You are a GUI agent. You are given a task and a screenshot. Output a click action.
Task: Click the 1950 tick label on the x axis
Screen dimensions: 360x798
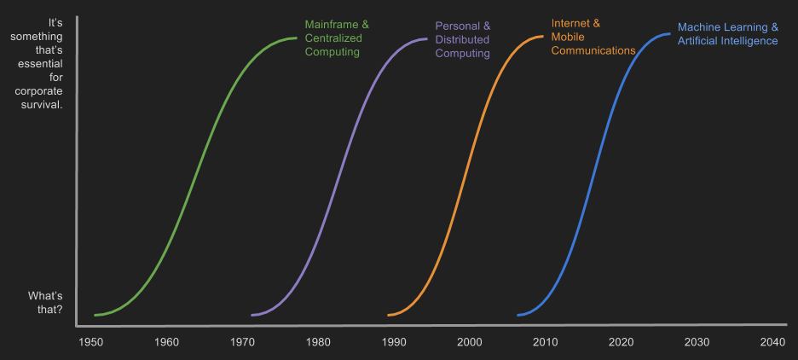pyautogui.click(x=90, y=342)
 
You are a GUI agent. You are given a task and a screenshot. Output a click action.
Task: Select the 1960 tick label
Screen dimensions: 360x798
pyautogui.click(x=166, y=342)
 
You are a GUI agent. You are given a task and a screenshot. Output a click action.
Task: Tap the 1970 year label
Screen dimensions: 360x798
pyautogui.click(x=242, y=342)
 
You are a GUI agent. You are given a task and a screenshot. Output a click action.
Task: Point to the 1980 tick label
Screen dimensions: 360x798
pyautogui.click(x=318, y=342)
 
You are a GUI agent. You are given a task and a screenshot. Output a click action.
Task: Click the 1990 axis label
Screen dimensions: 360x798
pyautogui.click(x=394, y=342)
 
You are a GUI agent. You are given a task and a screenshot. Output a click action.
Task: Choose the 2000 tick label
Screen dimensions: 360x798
pyautogui.click(x=470, y=342)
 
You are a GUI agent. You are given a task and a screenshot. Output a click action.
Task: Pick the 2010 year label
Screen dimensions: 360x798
pyautogui.click(x=546, y=342)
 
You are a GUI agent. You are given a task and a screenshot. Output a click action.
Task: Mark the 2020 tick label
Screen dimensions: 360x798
pyautogui.click(x=622, y=342)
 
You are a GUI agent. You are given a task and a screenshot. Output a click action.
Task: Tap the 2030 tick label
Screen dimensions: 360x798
pyautogui.click(x=697, y=342)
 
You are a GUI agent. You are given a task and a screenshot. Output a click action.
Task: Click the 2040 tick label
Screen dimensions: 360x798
pyautogui.click(x=772, y=342)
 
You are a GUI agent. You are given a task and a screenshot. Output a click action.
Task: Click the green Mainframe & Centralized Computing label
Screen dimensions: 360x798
pyautogui.click(x=337, y=38)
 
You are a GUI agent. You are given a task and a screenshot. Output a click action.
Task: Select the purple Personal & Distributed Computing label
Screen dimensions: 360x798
pyautogui.click(x=463, y=40)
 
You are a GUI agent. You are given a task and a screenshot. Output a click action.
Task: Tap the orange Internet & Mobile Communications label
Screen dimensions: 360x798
pyautogui.click(x=593, y=37)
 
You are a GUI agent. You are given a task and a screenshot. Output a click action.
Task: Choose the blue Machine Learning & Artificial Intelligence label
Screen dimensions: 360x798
pyautogui.click(x=727, y=34)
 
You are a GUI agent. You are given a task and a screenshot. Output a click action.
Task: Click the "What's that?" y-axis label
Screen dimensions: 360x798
pyautogui.click(x=45, y=302)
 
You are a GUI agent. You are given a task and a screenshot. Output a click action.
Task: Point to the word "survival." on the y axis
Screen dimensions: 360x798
pyautogui.click(x=40, y=105)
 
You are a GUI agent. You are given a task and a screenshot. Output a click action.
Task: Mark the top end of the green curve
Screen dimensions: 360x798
pyautogui.click(x=296, y=38)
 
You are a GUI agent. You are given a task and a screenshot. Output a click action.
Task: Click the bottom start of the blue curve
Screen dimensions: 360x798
pyautogui.click(x=518, y=315)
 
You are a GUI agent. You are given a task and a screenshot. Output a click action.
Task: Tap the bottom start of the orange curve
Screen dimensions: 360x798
pyautogui.click(x=389, y=315)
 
